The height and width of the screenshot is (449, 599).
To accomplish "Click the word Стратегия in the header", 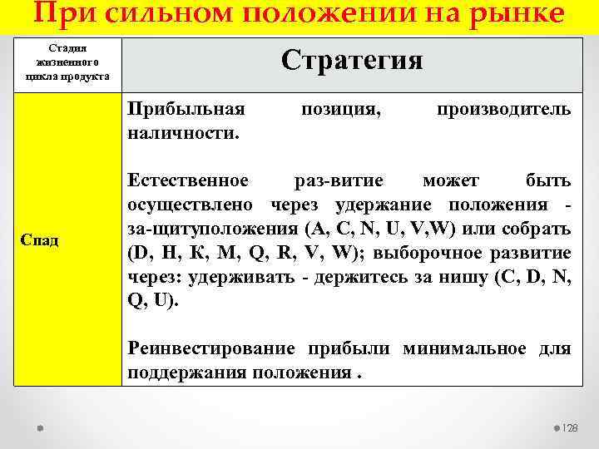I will click(352, 60).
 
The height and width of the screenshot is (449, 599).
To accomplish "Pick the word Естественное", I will click(188, 180).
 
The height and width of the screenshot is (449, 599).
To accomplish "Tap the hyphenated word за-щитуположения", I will click(214, 229).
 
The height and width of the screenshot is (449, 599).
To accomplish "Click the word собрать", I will click(539, 229).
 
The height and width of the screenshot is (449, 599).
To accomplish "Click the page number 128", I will click(570, 427).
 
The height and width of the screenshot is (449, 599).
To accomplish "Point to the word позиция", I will click(341, 110).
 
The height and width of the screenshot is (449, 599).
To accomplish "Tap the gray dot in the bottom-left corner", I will click(40, 427).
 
